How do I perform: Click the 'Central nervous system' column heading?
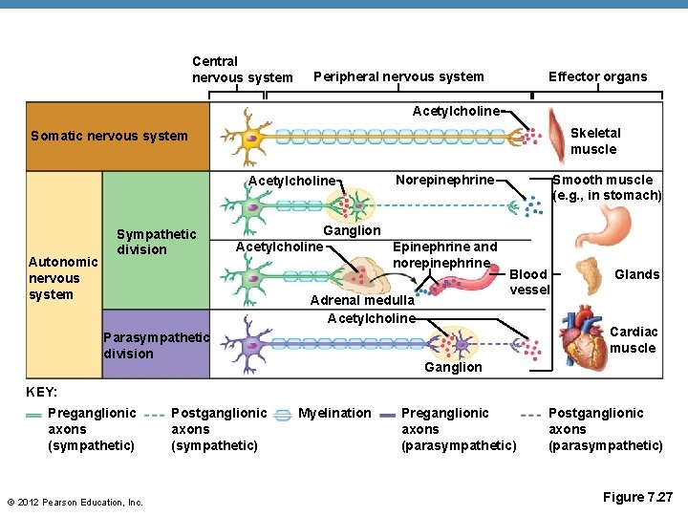tap(242, 69)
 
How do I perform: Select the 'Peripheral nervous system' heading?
tap(398, 76)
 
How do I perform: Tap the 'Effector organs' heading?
tap(597, 76)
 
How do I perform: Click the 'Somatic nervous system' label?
tap(109, 136)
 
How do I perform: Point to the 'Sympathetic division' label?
tap(156, 242)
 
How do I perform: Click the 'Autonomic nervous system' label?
tap(63, 278)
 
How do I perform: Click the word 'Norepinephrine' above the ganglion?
tap(444, 180)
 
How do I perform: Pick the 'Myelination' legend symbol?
tap(283, 414)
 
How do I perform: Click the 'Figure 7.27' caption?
tap(638, 497)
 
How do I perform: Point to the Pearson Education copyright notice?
tap(75, 502)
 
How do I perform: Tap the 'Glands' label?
tap(636, 274)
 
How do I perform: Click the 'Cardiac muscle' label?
tap(633, 340)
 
